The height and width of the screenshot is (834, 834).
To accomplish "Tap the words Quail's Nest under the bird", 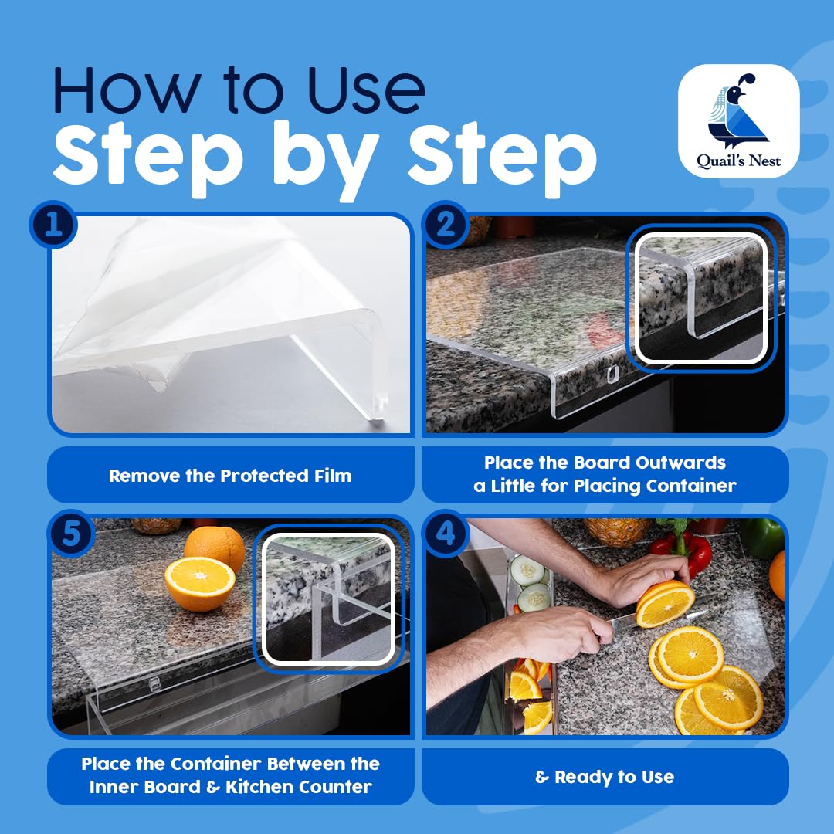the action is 739,161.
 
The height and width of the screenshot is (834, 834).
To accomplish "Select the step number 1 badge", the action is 53,225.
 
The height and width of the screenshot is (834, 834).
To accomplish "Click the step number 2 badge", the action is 446,225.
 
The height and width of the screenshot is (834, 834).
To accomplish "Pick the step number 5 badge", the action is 71,534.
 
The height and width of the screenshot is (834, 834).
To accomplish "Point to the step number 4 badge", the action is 446,534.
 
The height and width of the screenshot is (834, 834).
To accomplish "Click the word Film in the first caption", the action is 333,476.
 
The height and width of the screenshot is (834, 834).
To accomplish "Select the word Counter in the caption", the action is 334,787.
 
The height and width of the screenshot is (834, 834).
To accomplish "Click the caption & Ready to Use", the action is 605,777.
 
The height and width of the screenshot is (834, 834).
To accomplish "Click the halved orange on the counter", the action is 199,584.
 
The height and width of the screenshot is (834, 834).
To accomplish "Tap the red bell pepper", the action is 683,552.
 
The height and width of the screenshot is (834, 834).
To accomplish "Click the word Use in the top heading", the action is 367,90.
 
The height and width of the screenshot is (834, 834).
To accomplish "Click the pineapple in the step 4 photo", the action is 617,531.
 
